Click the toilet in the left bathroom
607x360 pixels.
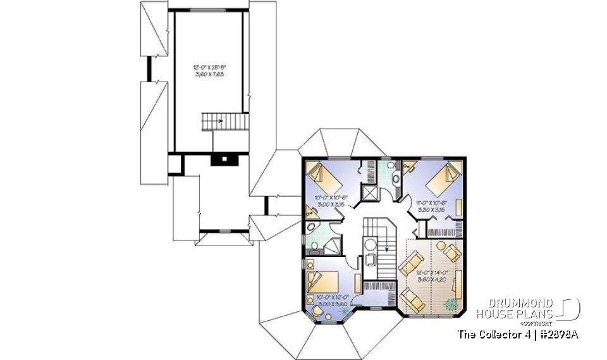click(x=314, y=246)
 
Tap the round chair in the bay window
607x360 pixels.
click(x=314, y=311)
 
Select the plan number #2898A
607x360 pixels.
click(x=559, y=334)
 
